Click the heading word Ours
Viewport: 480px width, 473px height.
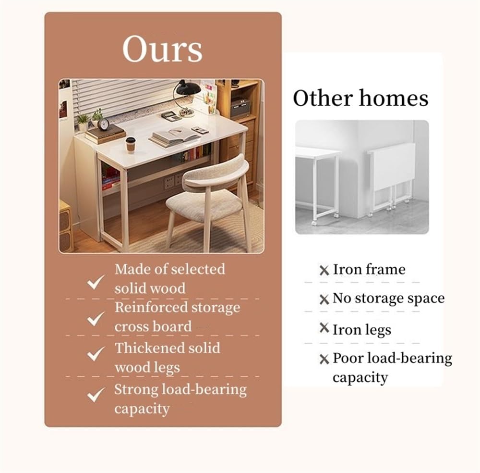coord(163,49)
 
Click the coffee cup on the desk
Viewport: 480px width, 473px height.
coord(131,145)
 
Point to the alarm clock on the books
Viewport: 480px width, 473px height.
coord(104,124)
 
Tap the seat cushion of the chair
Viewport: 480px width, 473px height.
coord(204,204)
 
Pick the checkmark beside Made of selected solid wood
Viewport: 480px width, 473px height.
coord(96,282)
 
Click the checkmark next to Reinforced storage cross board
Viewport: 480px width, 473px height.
coord(96,319)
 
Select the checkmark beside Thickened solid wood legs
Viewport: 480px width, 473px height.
coord(96,354)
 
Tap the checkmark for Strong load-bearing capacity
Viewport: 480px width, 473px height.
coord(96,395)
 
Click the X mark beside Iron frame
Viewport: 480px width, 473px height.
coord(324,270)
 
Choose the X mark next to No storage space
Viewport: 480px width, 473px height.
coord(324,299)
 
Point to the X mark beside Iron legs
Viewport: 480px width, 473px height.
coord(324,328)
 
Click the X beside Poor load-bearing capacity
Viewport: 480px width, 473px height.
coord(324,359)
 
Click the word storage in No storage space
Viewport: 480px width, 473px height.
coord(377,299)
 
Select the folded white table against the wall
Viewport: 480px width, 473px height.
coord(392,178)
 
